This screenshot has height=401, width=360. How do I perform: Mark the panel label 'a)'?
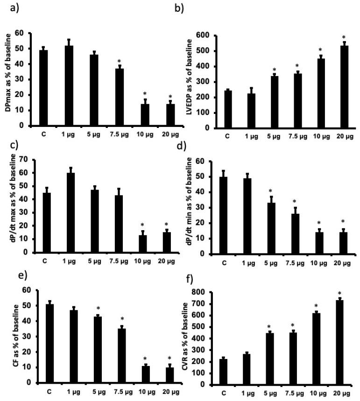pos(8,7)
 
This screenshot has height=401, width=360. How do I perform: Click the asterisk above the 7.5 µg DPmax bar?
pos(120,61)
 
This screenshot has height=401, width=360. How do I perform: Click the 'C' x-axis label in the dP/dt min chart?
pos(225,262)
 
